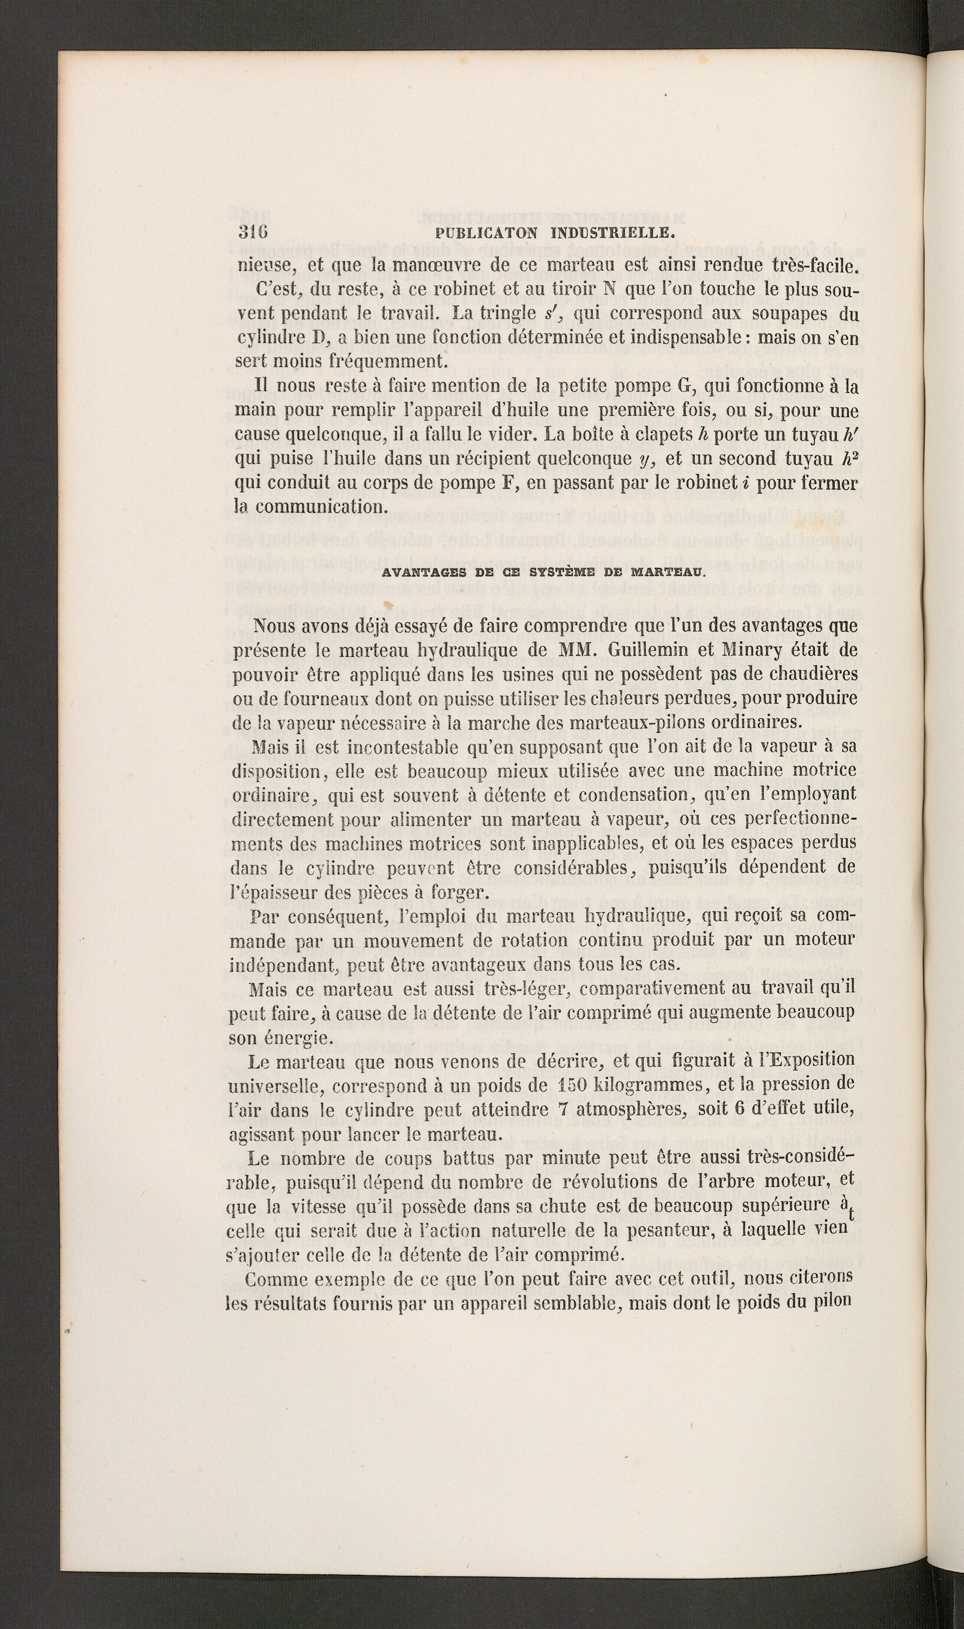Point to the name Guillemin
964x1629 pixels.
click(x=637, y=650)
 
